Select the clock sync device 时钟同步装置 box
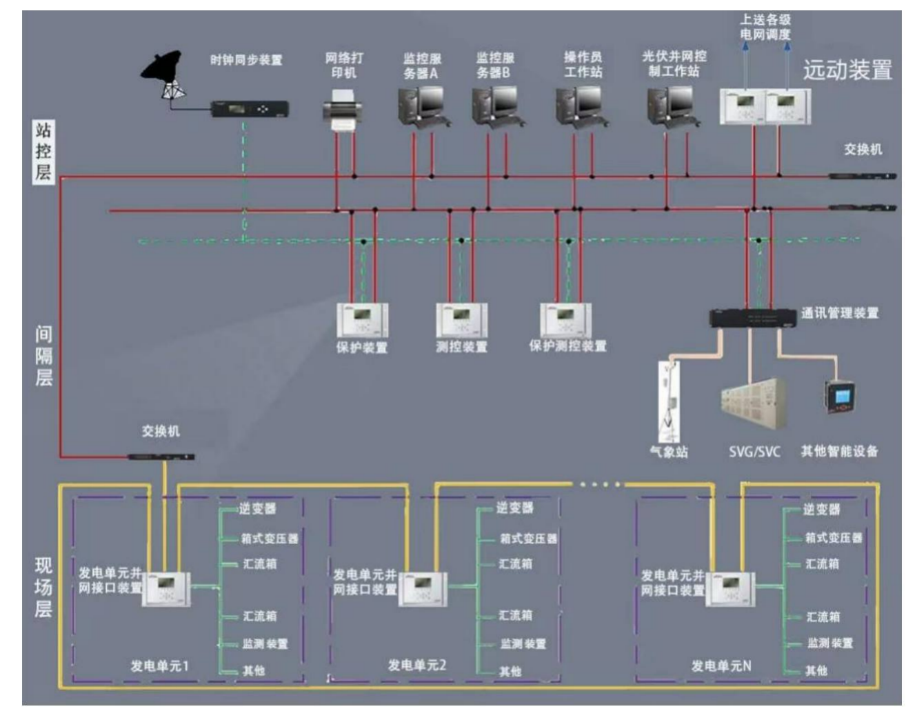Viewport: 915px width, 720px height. point(249,109)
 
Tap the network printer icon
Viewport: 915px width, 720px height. point(343,112)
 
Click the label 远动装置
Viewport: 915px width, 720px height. point(847,70)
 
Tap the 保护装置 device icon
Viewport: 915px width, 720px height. point(362,320)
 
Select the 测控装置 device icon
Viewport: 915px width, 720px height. point(461,320)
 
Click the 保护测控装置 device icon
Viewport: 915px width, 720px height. point(565,320)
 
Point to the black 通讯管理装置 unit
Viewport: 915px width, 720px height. point(753,319)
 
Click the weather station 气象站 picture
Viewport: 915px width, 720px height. point(668,400)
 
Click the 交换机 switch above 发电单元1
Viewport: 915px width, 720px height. point(161,457)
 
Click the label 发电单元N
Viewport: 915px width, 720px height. point(721,666)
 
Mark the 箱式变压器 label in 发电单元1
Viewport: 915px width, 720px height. point(270,539)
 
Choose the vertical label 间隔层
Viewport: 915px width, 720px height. point(43,356)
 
